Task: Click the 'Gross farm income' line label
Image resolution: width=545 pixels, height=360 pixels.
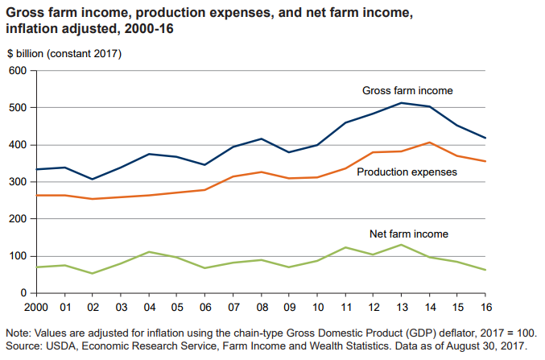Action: click(407, 90)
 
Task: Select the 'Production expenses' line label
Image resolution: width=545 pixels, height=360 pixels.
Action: click(407, 172)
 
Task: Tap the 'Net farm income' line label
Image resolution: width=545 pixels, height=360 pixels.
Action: click(409, 234)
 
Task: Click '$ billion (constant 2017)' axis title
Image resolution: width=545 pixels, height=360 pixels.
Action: click(64, 54)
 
